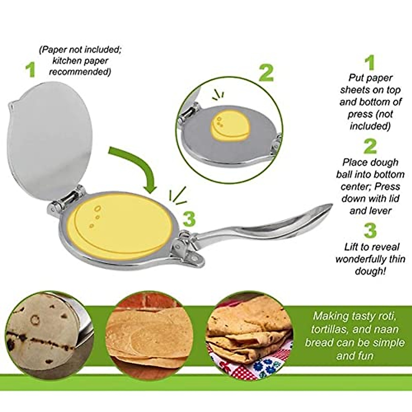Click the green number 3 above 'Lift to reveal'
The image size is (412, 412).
coord(370,231)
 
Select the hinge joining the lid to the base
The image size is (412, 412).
coord(65,203)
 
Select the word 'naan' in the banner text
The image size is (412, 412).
coord(386,329)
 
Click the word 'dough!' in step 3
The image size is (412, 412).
coord(370,271)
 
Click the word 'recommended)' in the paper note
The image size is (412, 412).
coord(80,72)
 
